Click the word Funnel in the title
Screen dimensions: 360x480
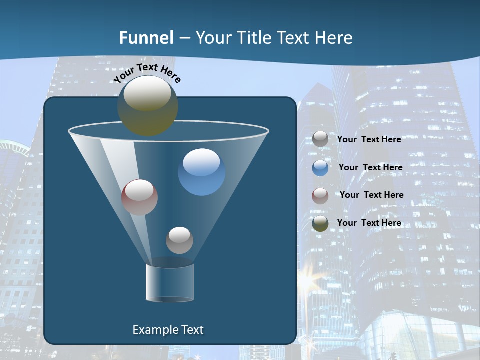click(x=146, y=37)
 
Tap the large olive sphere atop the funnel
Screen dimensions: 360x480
click(x=147, y=105)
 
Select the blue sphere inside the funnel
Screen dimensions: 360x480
click(x=201, y=172)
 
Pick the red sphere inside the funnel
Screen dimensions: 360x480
click(x=139, y=197)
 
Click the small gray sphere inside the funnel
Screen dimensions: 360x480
click(x=179, y=240)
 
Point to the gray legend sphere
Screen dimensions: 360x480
click(x=320, y=139)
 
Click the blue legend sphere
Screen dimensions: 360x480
click(x=320, y=168)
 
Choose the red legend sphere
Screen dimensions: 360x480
click(x=320, y=195)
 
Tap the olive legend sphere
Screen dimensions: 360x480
click(x=320, y=223)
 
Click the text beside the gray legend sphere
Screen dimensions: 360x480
click(x=369, y=139)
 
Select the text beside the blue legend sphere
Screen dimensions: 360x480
click(x=370, y=167)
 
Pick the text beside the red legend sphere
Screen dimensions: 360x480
click(x=371, y=195)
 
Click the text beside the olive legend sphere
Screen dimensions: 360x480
click(x=369, y=223)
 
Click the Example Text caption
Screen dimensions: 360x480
click(x=168, y=330)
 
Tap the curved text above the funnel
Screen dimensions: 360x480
click(x=147, y=73)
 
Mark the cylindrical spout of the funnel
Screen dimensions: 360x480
click(x=170, y=283)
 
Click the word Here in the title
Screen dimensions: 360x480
click(x=334, y=37)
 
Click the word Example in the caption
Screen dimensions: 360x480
click(x=154, y=330)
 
